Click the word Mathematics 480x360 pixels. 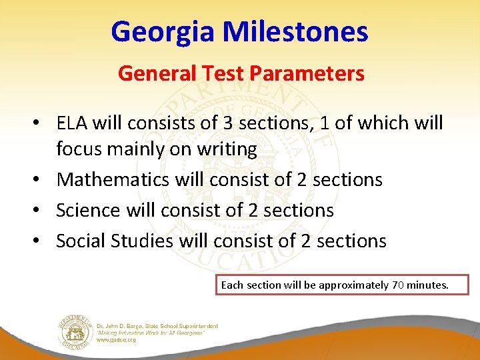click(x=113, y=179)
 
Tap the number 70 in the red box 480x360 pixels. click(x=397, y=285)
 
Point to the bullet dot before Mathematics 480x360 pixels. click(x=41, y=180)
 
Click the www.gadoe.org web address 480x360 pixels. click(x=116, y=340)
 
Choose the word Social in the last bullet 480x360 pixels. click(x=80, y=241)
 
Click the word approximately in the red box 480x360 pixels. click(x=353, y=285)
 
